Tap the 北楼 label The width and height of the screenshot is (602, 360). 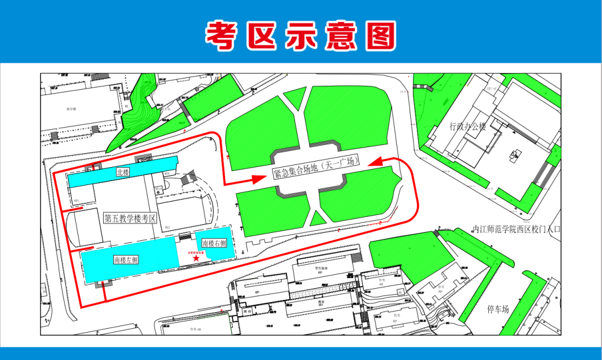point(123,173)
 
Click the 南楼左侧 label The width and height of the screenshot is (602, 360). point(126,260)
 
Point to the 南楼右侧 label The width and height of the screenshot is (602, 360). point(214,243)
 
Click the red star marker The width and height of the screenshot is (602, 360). point(196,258)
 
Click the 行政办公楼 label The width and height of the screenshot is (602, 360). point(468,127)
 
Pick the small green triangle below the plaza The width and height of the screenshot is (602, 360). point(318,218)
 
